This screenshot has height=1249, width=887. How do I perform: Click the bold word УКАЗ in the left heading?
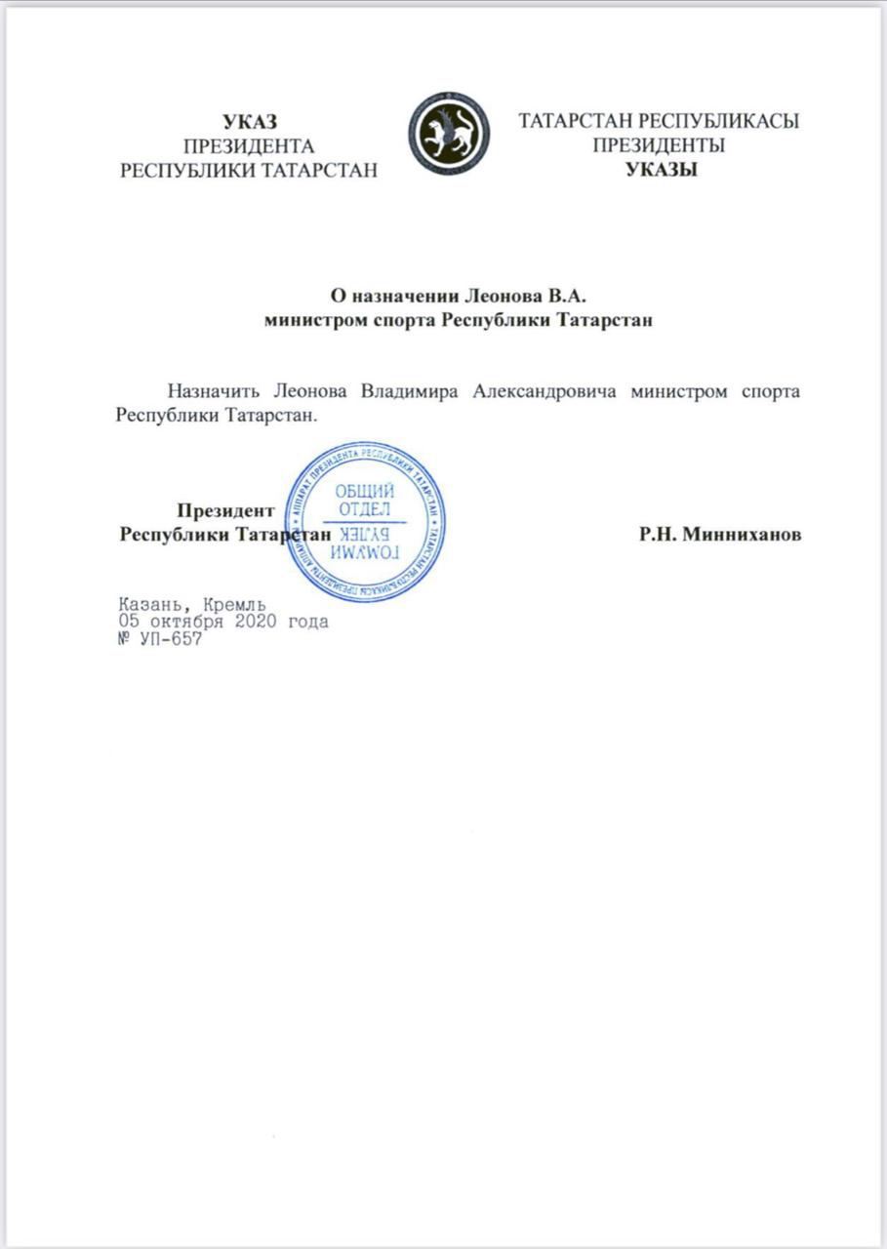pyautogui.click(x=250, y=122)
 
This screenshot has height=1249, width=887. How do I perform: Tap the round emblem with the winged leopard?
pyautogui.click(x=449, y=134)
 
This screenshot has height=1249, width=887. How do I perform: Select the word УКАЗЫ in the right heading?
pyautogui.click(x=660, y=170)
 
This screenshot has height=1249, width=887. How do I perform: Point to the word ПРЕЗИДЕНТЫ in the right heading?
pyautogui.click(x=659, y=146)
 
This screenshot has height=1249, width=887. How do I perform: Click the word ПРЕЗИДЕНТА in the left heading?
pyautogui.click(x=249, y=146)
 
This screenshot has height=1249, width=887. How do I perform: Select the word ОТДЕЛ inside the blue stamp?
pyautogui.click(x=364, y=509)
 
